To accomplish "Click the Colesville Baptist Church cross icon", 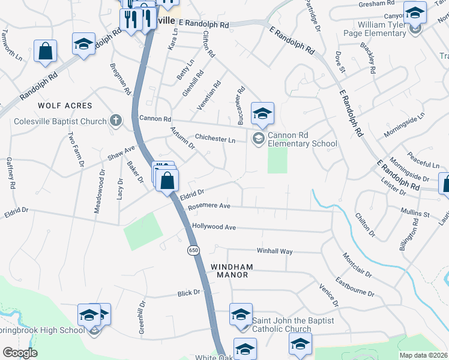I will (116, 121).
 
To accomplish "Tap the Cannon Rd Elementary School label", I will (302, 139).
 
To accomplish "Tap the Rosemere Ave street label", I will (209, 205).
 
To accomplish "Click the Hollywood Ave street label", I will (214, 227).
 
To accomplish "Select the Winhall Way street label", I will (274, 251).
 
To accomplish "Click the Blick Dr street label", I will (188, 293).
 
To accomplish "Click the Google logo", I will (19, 353).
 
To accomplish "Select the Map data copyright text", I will (423, 355).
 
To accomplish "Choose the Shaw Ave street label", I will (121, 153).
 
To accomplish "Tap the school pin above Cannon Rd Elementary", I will (262, 113).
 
